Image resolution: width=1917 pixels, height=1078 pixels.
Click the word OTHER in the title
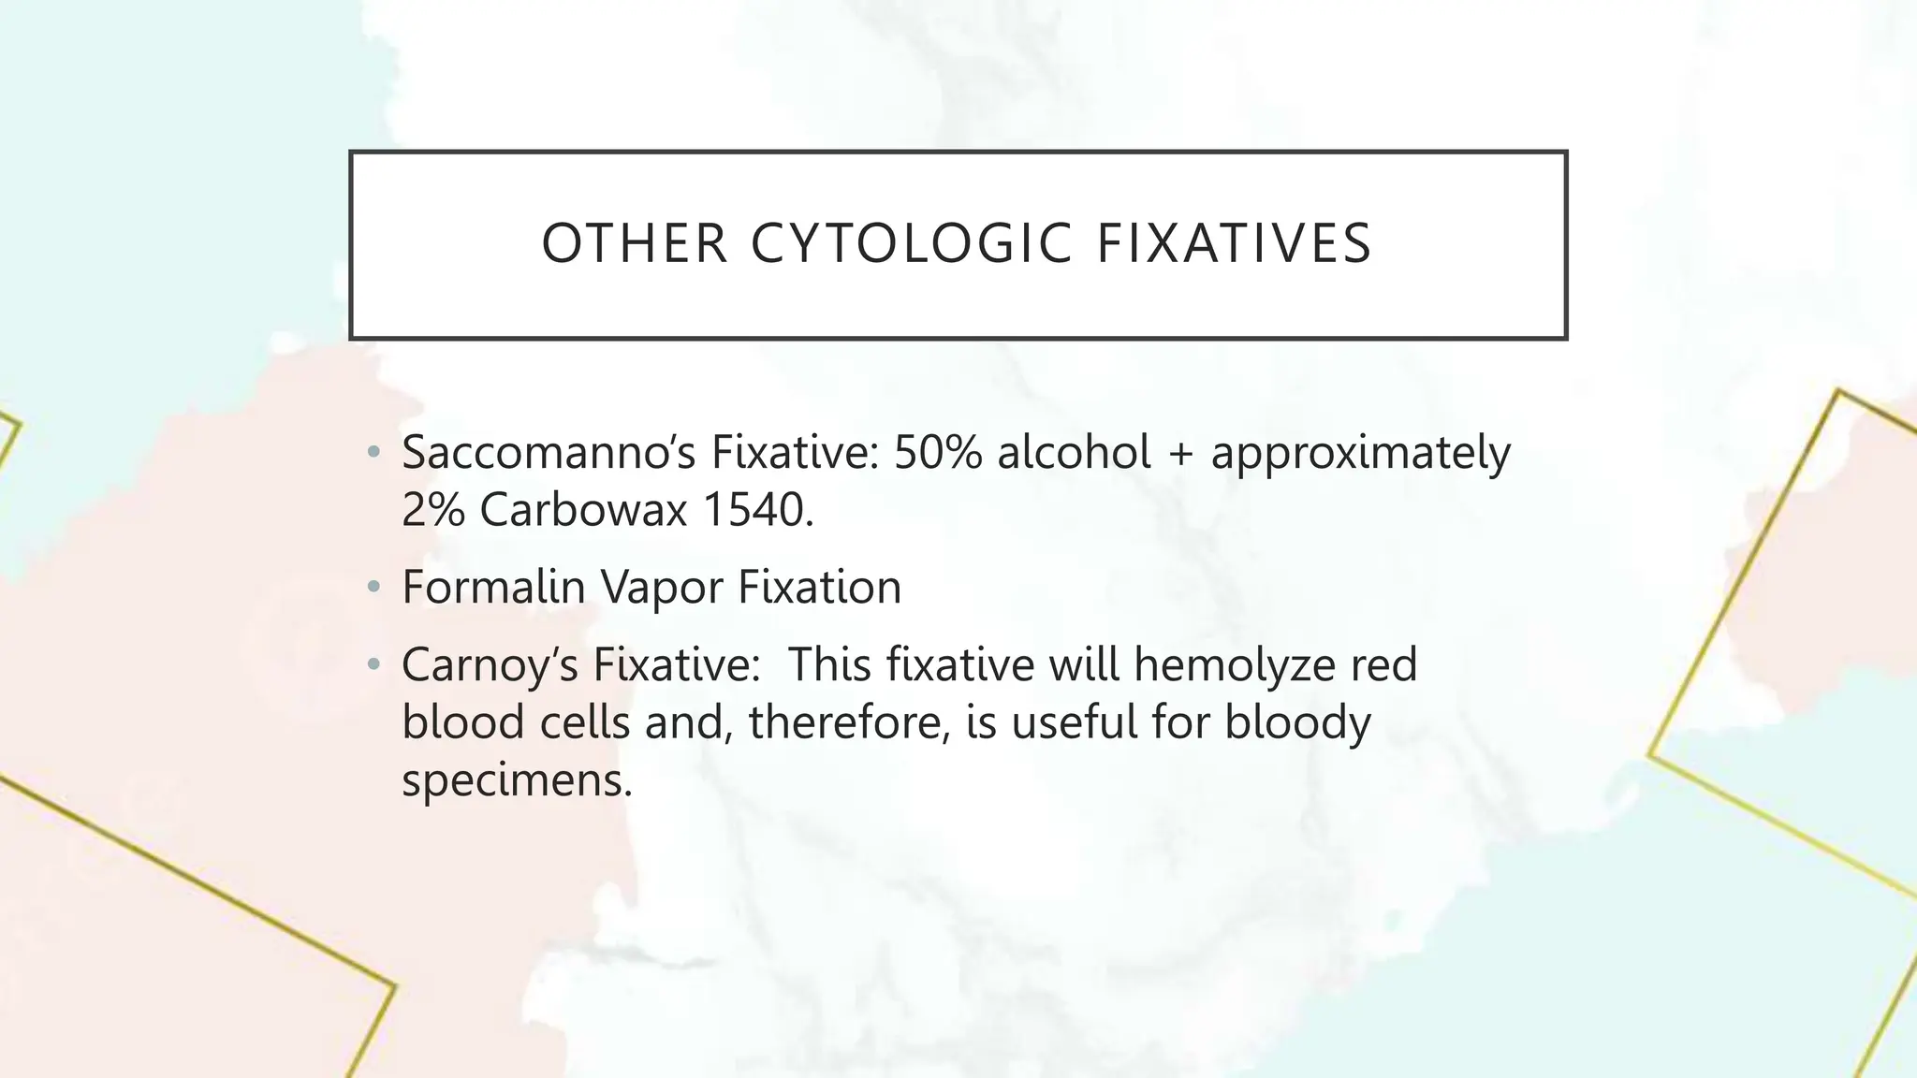click(635, 243)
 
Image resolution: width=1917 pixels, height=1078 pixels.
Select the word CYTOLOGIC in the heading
click(912, 243)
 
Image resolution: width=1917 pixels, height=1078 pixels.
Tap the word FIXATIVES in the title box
click(1234, 243)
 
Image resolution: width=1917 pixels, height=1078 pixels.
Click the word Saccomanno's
click(549, 453)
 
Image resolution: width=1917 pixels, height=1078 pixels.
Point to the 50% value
click(938, 453)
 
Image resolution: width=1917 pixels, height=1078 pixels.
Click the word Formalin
click(493, 588)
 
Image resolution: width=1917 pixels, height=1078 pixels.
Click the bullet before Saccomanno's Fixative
click(374, 454)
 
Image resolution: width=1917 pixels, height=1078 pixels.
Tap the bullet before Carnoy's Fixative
click(374, 665)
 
